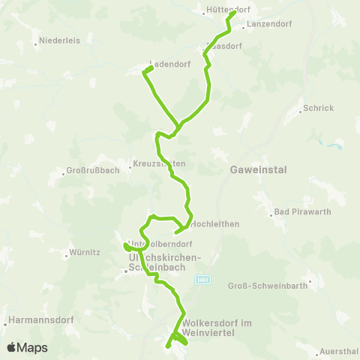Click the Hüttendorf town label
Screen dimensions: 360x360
click(227, 10)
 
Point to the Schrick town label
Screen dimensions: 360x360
click(319, 108)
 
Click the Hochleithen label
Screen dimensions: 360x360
click(215, 223)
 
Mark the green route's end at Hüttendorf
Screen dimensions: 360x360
click(235, 13)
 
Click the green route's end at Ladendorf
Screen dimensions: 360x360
click(151, 68)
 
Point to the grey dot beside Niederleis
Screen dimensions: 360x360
click(37, 41)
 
